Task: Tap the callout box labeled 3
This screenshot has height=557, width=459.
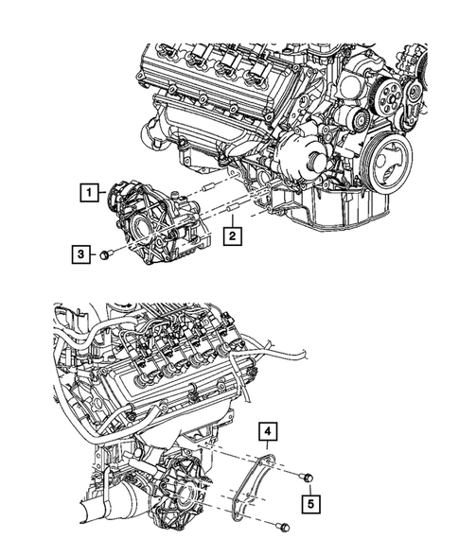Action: pyautogui.click(x=82, y=252)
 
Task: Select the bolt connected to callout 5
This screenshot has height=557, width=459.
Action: pyautogui.click(x=306, y=476)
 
